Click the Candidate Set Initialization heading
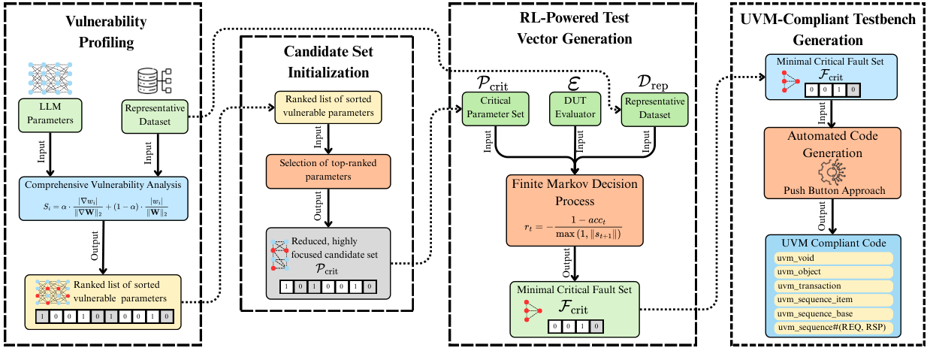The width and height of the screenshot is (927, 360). pos(327,62)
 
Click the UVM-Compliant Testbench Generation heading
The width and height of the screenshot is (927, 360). pos(827,29)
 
